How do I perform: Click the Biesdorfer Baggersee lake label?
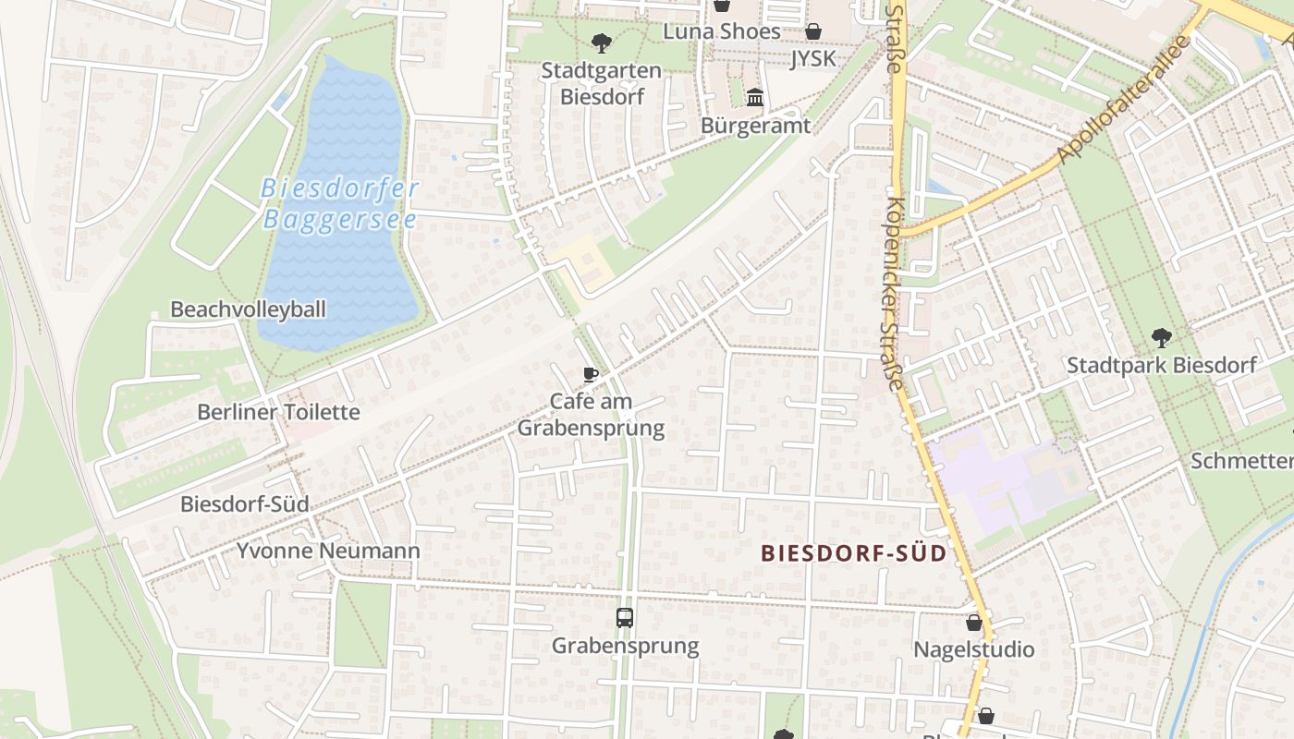pos(340,204)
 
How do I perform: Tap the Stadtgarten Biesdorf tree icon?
pos(601,42)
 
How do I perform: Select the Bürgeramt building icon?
pos(755,98)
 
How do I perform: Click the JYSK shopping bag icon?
pos(813,32)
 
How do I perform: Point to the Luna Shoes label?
pos(722,30)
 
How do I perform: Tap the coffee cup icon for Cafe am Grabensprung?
pos(591,374)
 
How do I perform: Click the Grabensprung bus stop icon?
pos(625,618)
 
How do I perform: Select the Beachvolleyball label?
pos(248,309)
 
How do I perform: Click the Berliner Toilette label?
pos(278,412)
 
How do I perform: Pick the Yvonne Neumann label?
pos(328,551)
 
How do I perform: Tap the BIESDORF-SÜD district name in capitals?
pos(854,553)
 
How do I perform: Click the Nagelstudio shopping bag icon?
pos(973,624)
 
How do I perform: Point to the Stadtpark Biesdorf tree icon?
pos(1161,338)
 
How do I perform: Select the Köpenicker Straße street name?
pos(893,293)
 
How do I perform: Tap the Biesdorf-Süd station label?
pos(244,504)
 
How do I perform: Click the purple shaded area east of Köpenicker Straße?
pos(1007,480)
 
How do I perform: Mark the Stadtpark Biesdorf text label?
pos(1161,365)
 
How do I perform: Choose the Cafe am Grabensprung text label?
pos(591,415)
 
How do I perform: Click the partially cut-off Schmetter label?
pos(1241,461)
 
